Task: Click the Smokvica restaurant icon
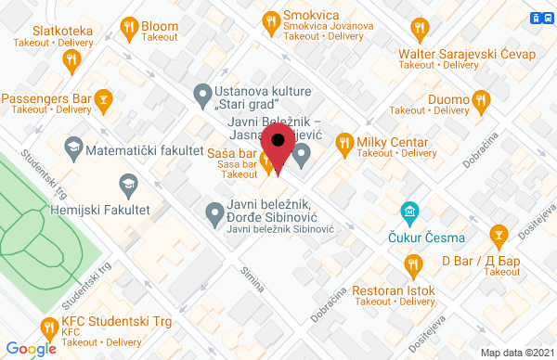pos(271,20)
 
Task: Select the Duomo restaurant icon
pos(481,98)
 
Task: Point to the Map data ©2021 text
pos(514,353)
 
